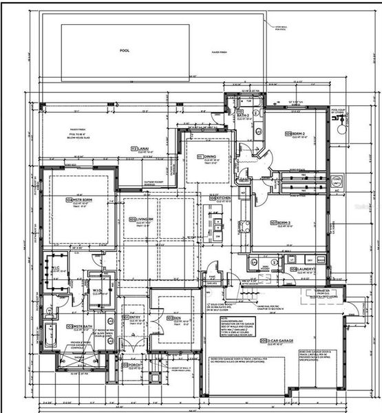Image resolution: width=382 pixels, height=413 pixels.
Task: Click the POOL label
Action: click(124, 50)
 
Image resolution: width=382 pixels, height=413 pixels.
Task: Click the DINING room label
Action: click(209, 157)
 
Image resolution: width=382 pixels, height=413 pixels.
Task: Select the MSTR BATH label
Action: click(80, 326)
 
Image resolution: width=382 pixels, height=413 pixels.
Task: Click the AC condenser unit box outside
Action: click(336, 181)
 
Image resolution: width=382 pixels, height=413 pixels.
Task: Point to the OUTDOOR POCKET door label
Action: click(154, 182)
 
